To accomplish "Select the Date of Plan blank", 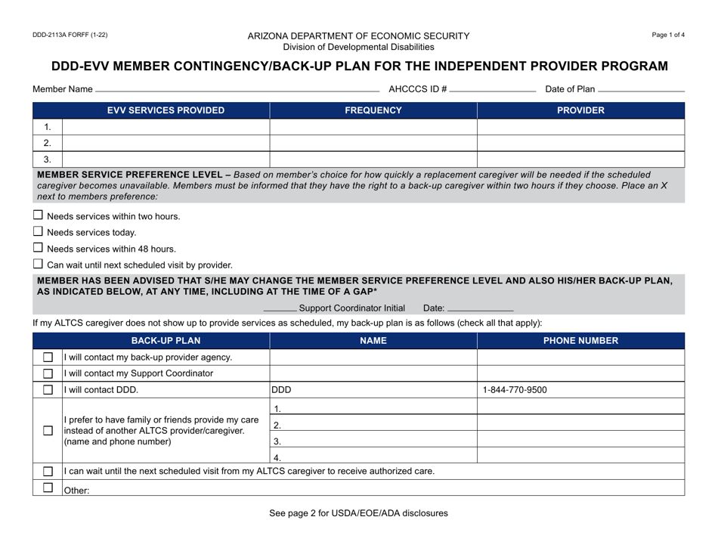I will (x=640, y=89).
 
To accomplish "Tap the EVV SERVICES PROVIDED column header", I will (x=166, y=110).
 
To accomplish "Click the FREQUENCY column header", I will (x=373, y=110).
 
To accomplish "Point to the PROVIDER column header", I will (x=580, y=110).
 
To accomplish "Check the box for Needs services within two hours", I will (x=39, y=216).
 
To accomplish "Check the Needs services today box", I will (x=39, y=232).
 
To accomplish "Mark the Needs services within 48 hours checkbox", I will (x=39, y=248).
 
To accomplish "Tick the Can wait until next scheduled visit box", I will (x=39, y=264).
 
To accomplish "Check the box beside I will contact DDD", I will (x=48, y=390).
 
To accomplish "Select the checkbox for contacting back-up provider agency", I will (x=48, y=357).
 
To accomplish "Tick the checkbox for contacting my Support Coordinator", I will (x=48, y=373).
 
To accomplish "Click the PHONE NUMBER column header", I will (x=580, y=341).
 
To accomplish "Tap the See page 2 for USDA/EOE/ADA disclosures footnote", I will (x=358, y=513).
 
